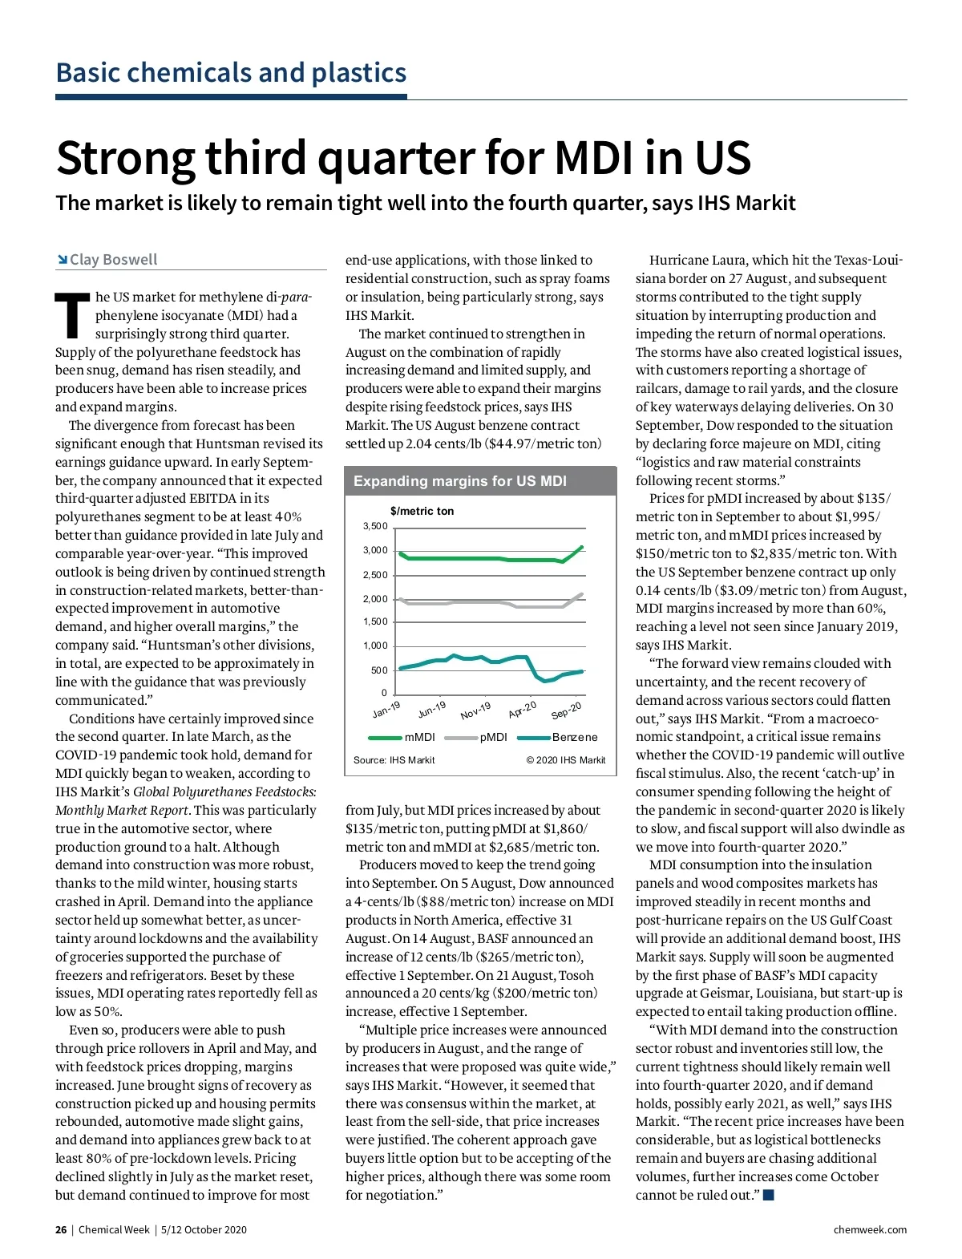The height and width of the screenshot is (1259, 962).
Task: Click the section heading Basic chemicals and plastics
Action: [x=231, y=73]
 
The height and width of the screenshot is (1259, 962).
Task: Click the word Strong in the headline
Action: [x=125, y=158]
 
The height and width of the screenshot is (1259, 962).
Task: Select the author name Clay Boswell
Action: [x=113, y=259]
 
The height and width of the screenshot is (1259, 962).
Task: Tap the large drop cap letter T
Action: [x=72, y=316]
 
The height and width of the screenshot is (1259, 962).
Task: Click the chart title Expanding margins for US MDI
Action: [x=459, y=481]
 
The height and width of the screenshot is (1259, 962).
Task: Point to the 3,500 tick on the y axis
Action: [x=375, y=526]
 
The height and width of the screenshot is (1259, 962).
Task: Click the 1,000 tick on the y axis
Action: [x=375, y=646]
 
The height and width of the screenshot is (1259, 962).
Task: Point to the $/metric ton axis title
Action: [x=422, y=511]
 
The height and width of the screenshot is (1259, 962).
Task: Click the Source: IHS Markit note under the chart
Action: [x=394, y=760]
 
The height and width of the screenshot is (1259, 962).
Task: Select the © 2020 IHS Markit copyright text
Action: [x=566, y=760]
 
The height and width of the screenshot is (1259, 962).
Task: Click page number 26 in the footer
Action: [x=61, y=1229]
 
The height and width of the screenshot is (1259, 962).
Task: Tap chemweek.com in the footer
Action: [x=870, y=1229]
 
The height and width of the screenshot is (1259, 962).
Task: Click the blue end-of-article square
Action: [x=769, y=1195]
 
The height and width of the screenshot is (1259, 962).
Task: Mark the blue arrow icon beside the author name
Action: [x=62, y=259]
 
